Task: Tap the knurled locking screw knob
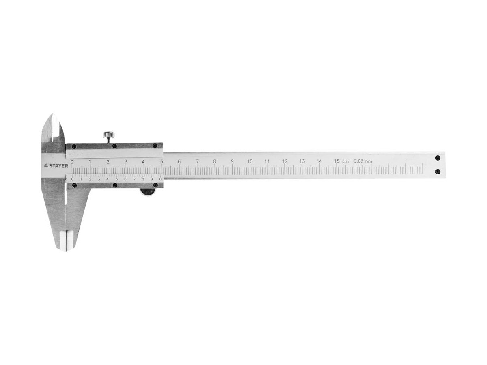109,134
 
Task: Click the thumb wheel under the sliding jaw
148,192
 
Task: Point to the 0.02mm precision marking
362,161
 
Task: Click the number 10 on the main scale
250,161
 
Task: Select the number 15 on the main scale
337,161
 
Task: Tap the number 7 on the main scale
197,161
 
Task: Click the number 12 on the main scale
284,161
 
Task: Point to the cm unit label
345,161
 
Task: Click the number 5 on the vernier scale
116,179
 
